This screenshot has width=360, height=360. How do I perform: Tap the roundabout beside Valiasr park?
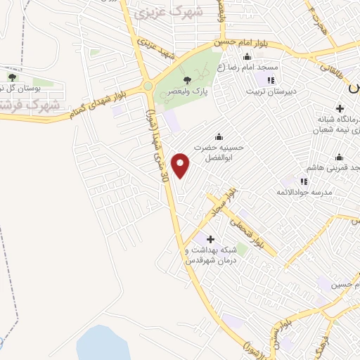(148, 86)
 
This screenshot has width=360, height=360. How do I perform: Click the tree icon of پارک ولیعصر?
(187, 80)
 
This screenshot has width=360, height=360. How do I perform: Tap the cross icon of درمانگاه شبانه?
(340, 108)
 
